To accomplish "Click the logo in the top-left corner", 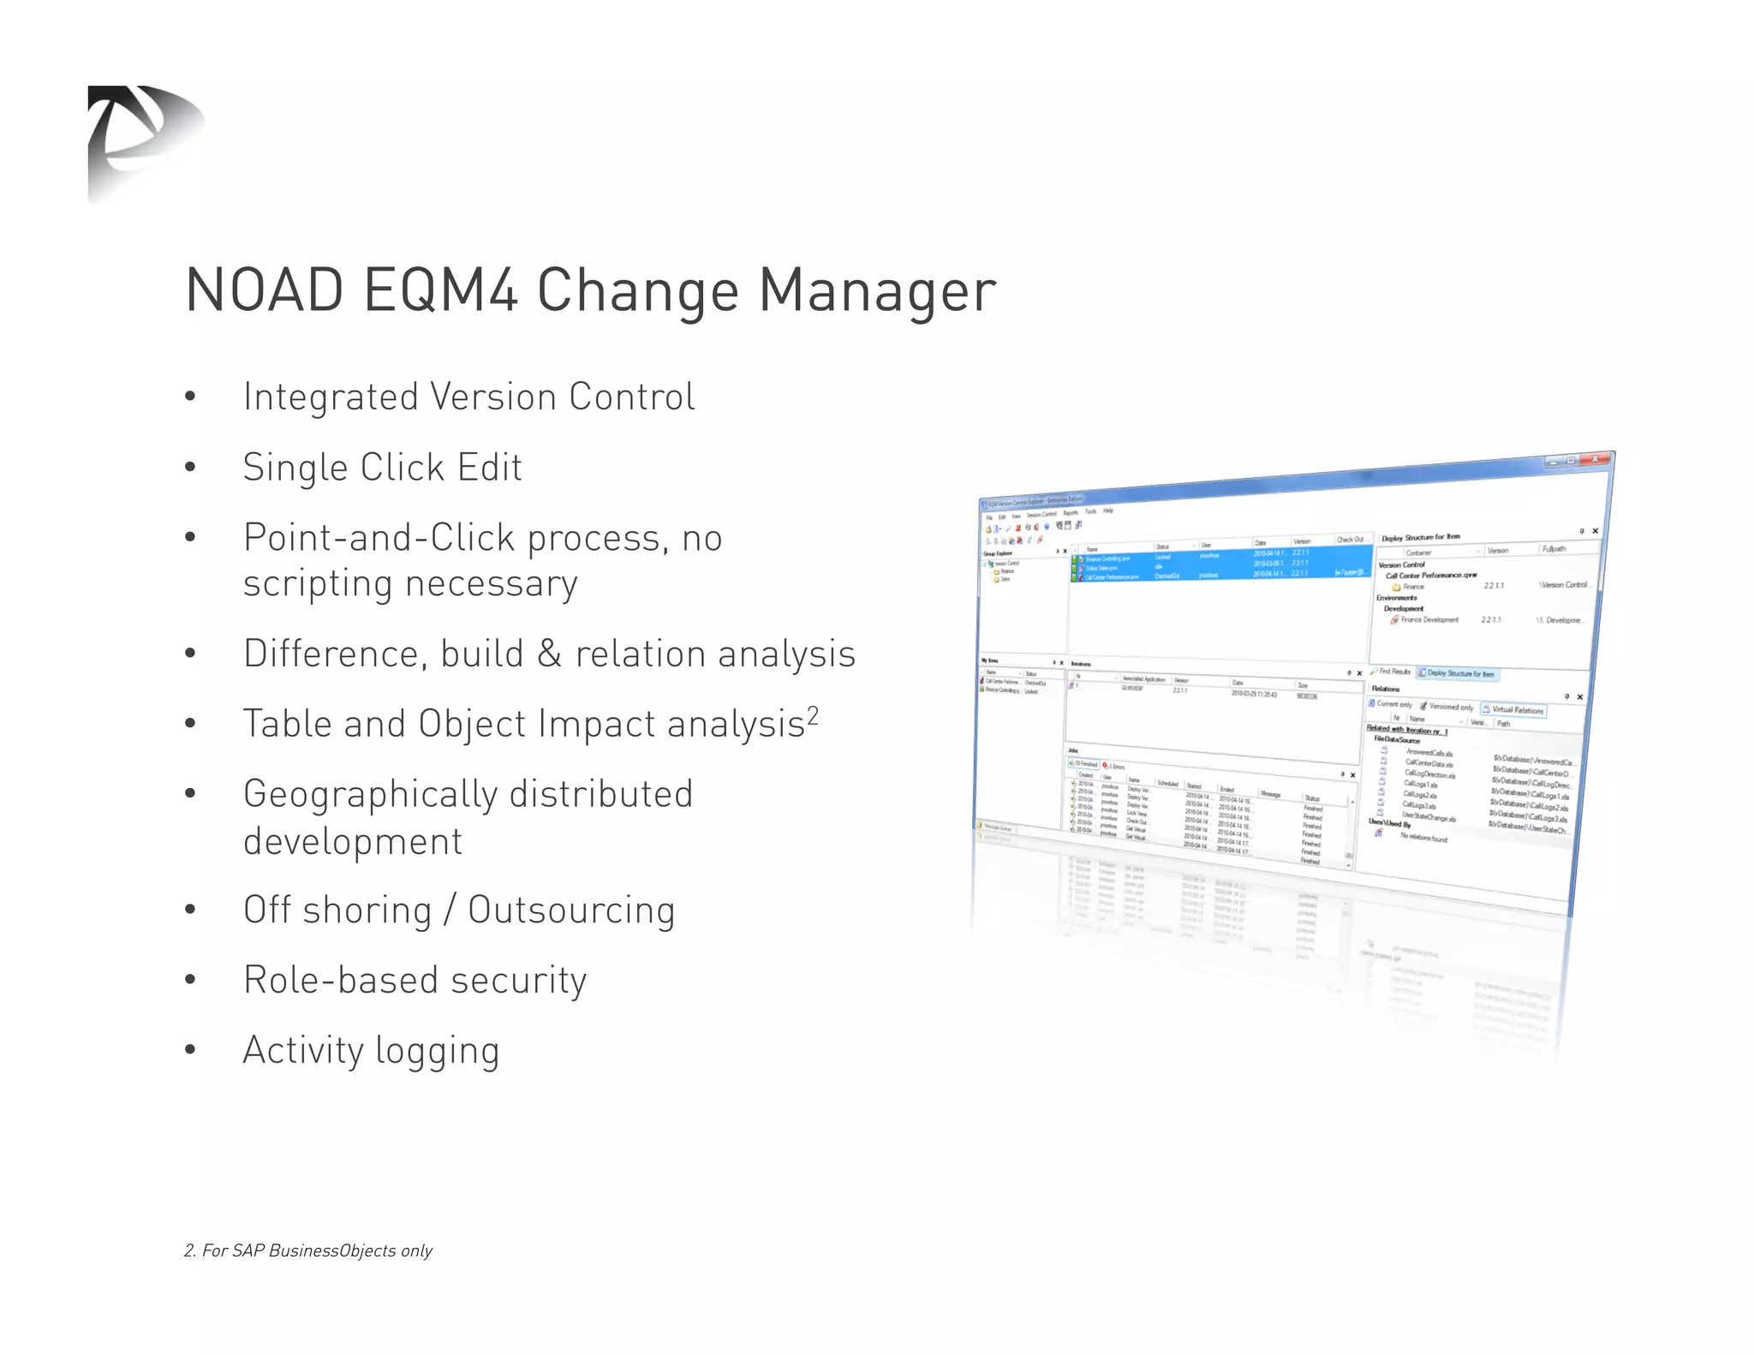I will [144, 141].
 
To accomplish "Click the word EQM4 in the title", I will [440, 290].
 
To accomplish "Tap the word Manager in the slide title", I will [877, 290].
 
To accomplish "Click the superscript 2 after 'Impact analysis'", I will [813, 714].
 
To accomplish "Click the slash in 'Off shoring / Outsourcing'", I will [450, 910].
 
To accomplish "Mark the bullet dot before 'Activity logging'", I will [190, 1050].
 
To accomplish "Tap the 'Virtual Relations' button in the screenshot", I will [1514, 710].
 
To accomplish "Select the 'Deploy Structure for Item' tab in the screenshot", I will [1457, 674].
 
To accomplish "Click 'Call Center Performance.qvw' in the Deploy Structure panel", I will [1431, 576].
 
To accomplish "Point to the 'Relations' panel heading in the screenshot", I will [1386, 689].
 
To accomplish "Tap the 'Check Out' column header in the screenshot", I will [1350, 540].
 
